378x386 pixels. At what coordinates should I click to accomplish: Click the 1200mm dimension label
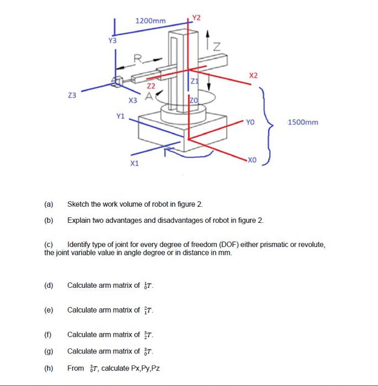click(x=150, y=21)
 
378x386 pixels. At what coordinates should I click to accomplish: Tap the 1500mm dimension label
click(x=303, y=122)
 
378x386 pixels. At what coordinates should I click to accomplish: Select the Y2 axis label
click(x=197, y=17)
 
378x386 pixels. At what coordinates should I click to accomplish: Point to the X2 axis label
click(x=253, y=74)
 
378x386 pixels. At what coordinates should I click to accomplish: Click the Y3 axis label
click(x=112, y=40)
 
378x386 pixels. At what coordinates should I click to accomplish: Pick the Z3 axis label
click(x=72, y=95)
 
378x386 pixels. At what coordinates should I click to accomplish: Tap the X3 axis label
click(x=133, y=100)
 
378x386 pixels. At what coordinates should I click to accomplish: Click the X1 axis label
click(x=134, y=164)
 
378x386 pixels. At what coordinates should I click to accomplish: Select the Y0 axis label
click(x=251, y=122)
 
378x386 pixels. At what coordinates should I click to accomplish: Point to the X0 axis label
click(x=253, y=159)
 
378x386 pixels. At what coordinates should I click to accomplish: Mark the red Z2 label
click(x=150, y=86)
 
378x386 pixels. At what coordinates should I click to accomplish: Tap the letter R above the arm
click(x=139, y=57)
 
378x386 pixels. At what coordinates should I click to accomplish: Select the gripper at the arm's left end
click(x=117, y=83)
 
